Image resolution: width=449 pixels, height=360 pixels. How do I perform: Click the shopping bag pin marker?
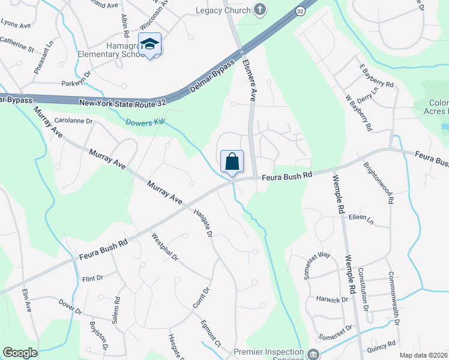tap(232, 162)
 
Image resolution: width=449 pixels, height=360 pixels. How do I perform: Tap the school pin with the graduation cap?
tap(149, 44)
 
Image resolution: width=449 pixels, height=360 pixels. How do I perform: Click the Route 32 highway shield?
tap(300, 11)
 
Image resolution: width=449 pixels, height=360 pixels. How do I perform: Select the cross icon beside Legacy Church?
tap(259, 9)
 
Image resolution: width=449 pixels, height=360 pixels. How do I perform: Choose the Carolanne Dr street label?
tap(74, 121)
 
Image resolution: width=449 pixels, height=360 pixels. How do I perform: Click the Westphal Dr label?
tap(165, 247)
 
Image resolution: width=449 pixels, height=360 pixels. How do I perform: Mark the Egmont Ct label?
tap(211, 333)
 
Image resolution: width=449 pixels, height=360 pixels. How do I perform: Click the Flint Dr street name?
tap(93, 278)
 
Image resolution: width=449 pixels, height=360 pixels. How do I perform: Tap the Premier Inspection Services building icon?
tap(313, 353)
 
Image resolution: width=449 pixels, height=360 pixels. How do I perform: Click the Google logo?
tap(20, 353)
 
